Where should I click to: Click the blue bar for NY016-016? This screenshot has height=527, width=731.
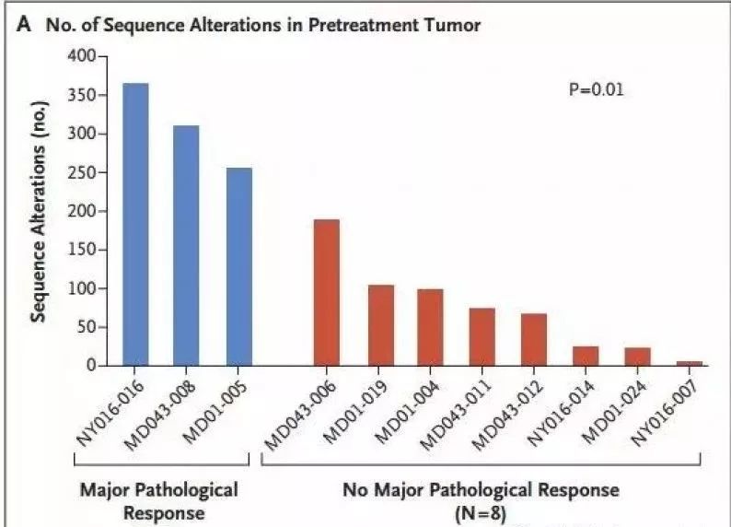(x=135, y=224)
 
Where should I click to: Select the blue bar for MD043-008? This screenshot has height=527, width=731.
(x=186, y=245)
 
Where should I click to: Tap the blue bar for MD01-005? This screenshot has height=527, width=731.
(x=239, y=267)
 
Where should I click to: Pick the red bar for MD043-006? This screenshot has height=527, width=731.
(x=326, y=292)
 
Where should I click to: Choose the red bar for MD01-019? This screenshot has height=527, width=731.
(x=381, y=325)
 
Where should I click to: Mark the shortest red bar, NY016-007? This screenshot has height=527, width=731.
(x=690, y=363)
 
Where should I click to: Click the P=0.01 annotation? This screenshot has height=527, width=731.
(x=597, y=88)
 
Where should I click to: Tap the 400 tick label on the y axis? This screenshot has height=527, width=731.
(x=81, y=56)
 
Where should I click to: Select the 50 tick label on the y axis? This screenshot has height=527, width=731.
(x=86, y=327)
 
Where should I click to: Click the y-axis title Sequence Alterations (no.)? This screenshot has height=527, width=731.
(x=39, y=211)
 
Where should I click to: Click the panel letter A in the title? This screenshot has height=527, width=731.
(x=24, y=24)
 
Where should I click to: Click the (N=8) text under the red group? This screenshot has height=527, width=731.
(x=481, y=513)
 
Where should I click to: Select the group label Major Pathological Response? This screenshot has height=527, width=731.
(x=159, y=501)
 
